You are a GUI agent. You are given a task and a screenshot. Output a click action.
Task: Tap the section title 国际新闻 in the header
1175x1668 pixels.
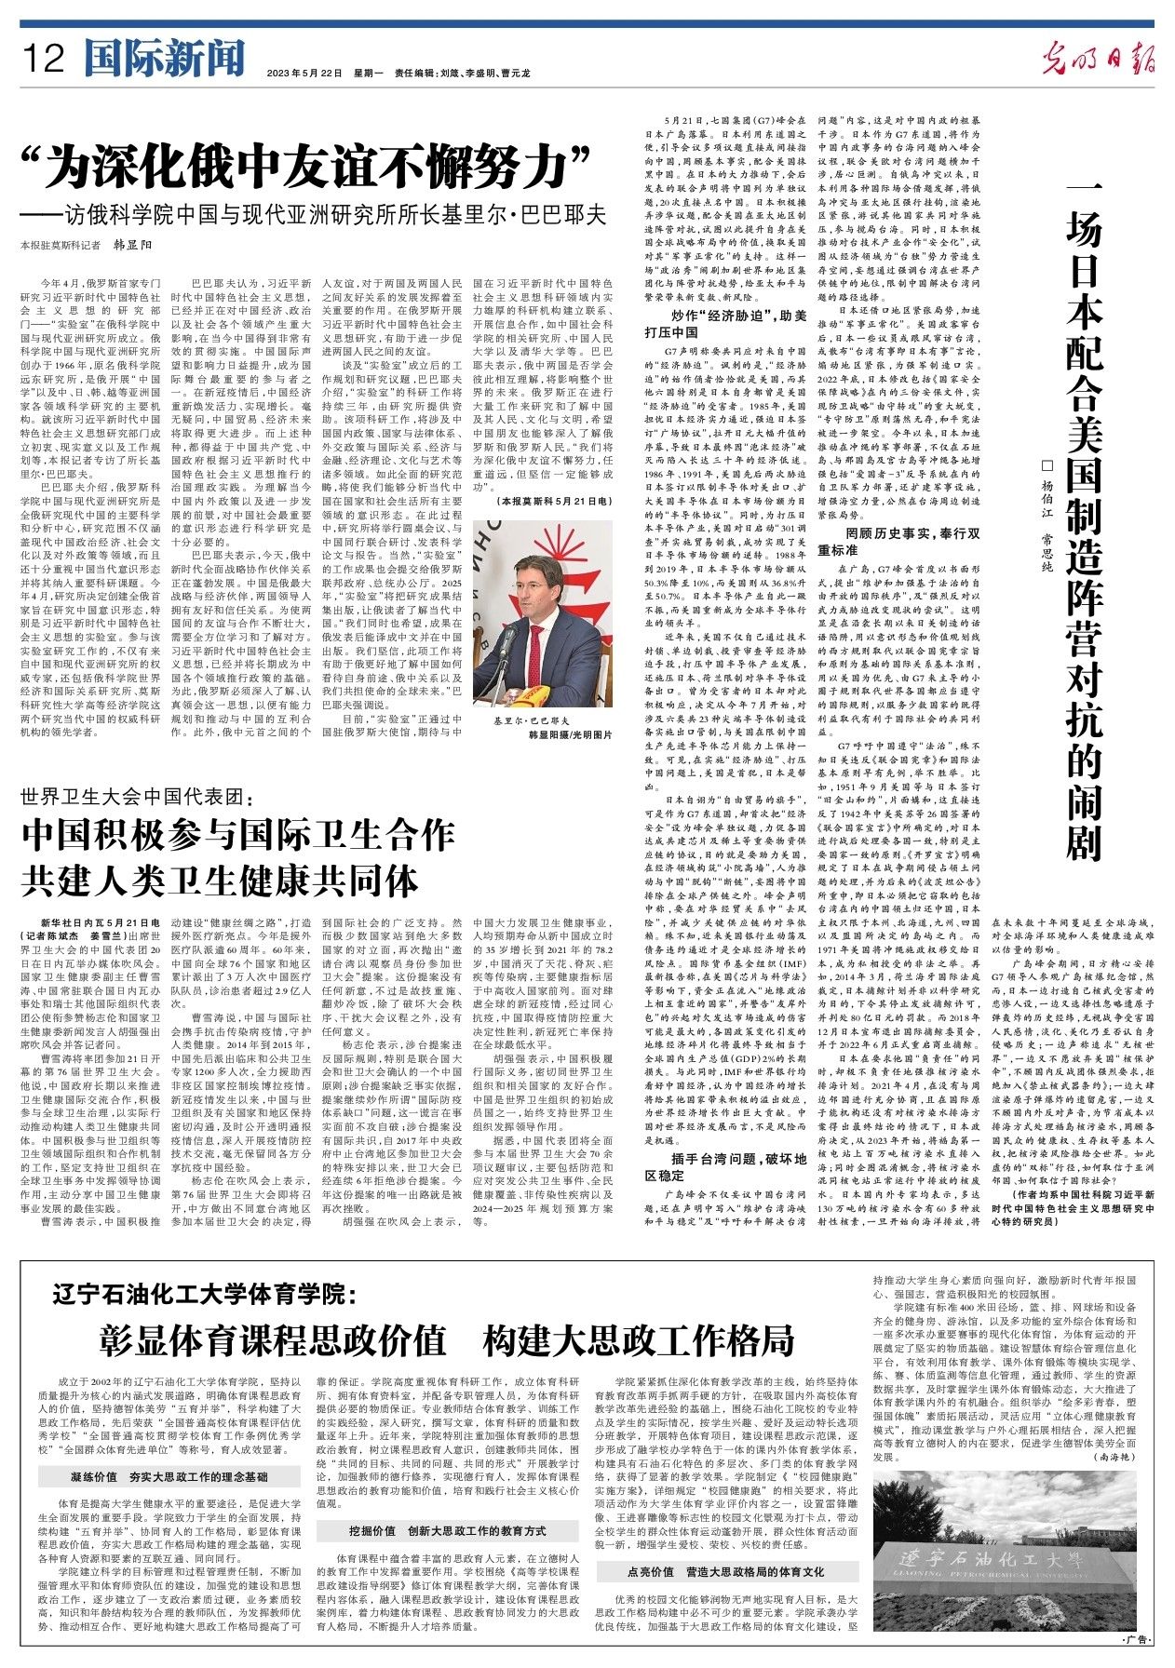[x=162, y=61]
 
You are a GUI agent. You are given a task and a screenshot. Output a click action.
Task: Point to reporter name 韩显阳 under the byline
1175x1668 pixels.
[x=131, y=246]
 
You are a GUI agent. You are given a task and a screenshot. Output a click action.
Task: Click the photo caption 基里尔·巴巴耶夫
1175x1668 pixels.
[x=532, y=721]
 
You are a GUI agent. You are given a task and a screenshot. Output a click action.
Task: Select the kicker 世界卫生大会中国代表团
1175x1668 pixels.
[x=137, y=797]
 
